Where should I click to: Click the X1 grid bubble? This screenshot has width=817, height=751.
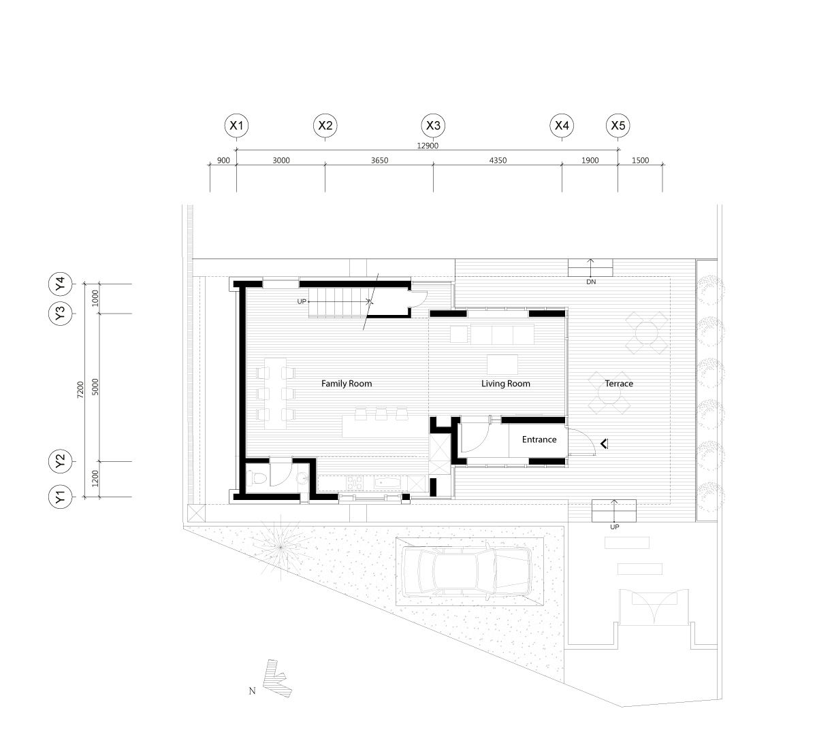(x=236, y=125)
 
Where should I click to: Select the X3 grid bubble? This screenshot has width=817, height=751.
(x=433, y=125)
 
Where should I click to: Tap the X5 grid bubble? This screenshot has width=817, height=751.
(x=618, y=125)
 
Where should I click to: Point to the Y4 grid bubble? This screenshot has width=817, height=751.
(x=61, y=283)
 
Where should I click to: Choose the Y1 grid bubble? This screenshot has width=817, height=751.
(x=61, y=498)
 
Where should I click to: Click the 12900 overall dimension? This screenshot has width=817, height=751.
(x=427, y=146)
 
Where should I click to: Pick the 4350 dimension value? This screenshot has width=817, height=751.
(x=497, y=161)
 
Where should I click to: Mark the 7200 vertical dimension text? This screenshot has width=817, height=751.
(x=80, y=390)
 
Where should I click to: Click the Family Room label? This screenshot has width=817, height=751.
(x=347, y=384)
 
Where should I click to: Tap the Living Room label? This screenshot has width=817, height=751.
(x=505, y=384)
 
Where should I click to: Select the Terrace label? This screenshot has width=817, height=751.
(x=619, y=384)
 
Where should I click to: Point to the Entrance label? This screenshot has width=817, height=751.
(x=539, y=439)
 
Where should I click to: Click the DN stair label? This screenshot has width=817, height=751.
(x=590, y=281)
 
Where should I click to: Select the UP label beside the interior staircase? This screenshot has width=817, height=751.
(x=302, y=301)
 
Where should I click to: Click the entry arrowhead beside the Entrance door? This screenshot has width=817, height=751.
(x=603, y=445)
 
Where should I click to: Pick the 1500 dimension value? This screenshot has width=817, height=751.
(x=641, y=161)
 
